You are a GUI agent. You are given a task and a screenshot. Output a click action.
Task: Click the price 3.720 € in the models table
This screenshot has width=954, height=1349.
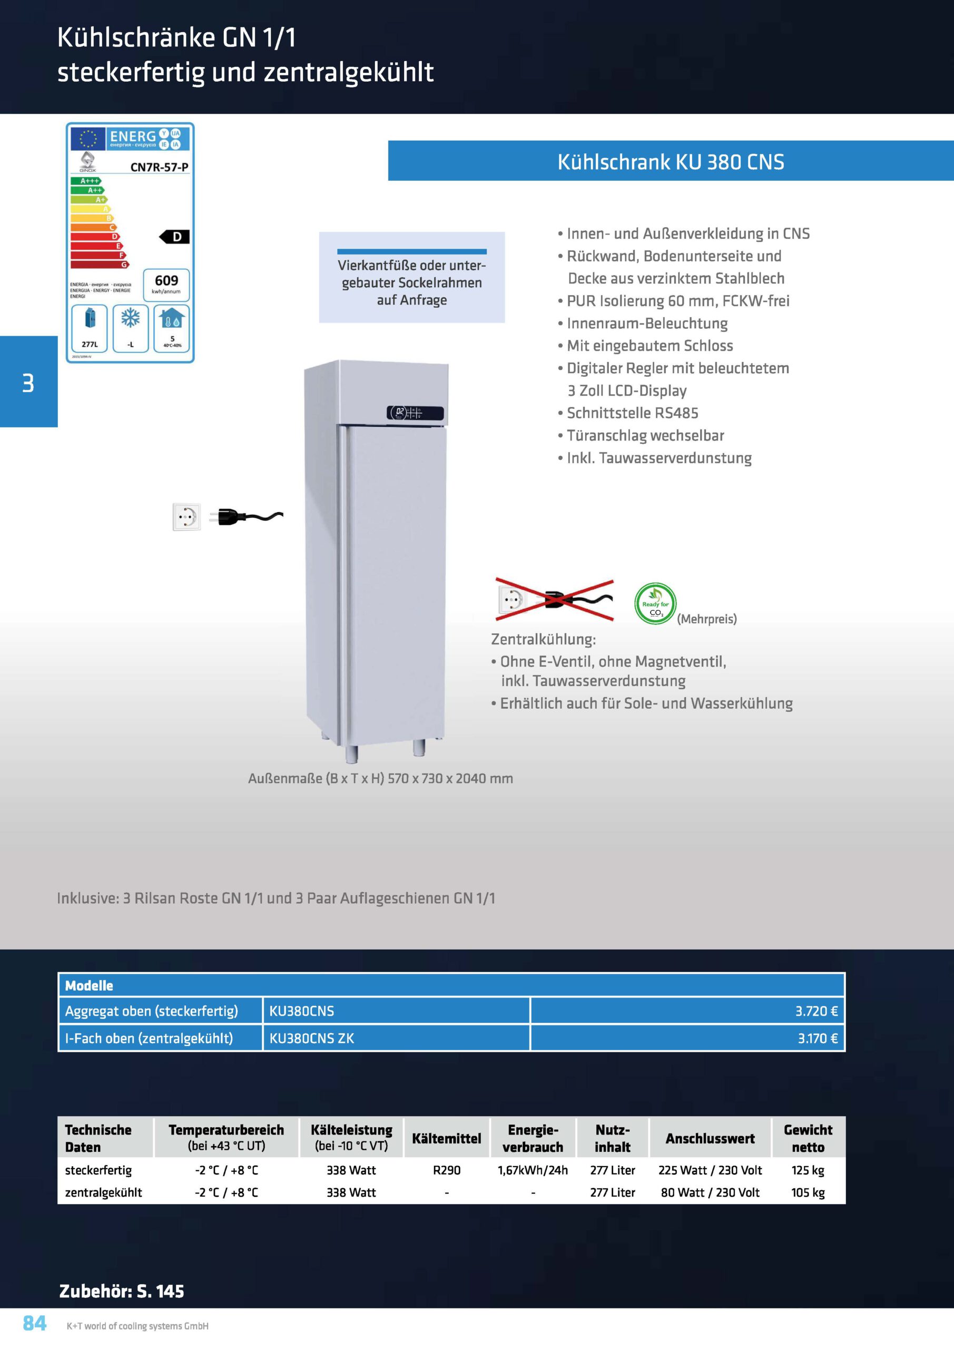(816, 1011)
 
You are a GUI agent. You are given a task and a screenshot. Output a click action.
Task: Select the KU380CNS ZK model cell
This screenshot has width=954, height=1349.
(311, 1038)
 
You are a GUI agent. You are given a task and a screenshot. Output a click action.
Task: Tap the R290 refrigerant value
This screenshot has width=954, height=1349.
(447, 1170)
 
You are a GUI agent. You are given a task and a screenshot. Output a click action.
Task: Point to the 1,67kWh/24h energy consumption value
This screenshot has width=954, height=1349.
(533, 1170)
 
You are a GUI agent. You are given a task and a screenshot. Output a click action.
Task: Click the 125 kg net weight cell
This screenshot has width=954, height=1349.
(808, 1170)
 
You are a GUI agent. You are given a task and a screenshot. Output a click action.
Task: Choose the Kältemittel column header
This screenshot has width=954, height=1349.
(447, 1138)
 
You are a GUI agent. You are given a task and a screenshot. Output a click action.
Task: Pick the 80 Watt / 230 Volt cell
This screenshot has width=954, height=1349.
(710, 1192)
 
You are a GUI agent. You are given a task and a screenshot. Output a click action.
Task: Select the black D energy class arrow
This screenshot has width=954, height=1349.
(174, 237)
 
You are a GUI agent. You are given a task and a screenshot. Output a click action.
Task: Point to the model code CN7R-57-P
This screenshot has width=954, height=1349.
(159, 167)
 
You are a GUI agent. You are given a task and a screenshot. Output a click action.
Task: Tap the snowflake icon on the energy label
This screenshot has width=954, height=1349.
(131, 318)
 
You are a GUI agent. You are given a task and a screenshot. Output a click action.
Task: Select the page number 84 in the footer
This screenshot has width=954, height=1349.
(35, 1323)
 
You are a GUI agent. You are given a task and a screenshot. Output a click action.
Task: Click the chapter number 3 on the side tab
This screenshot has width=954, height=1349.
(28, 383)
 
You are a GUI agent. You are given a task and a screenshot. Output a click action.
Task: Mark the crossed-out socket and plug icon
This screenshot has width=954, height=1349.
(555, 600)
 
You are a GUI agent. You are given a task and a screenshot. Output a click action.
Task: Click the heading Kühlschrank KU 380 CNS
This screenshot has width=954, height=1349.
(671, 162)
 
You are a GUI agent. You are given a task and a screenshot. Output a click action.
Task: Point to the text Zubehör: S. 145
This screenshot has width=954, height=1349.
(122, 1291)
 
